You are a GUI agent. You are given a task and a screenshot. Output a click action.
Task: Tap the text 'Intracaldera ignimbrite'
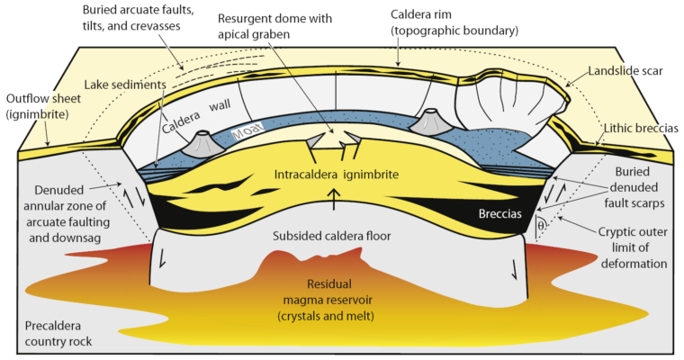tap(340, 174)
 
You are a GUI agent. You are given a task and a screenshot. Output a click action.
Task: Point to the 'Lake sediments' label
tap(126, 85)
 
